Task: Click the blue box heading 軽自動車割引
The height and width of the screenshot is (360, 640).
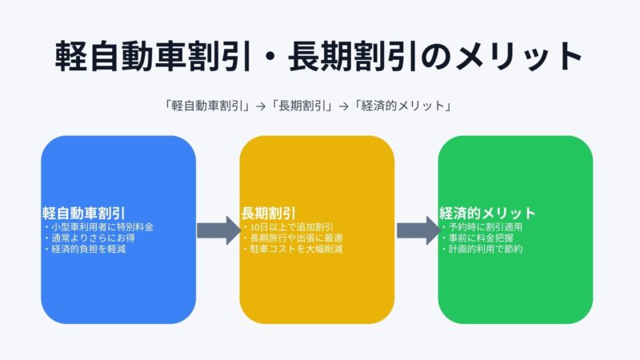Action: (x=84, y=214)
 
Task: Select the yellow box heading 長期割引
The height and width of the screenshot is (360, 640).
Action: (x=268, y=214)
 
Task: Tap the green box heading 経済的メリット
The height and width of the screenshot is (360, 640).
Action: (x=487, y=214)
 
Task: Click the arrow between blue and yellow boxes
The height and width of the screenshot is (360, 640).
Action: (x=218, y=230)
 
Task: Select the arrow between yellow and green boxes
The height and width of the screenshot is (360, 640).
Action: (x=416, y=230)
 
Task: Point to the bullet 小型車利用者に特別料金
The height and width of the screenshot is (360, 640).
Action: (x=100, y=227)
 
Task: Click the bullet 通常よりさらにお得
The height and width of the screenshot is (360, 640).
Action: (x=90, y=238)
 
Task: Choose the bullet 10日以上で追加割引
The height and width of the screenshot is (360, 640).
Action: (x=290, y=227)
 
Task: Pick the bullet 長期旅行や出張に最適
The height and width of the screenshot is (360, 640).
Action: (x=294, y=238)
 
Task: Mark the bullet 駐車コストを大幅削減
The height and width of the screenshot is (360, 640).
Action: (x=294, y=250)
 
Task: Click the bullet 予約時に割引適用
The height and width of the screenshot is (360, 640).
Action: (x=486, y=227)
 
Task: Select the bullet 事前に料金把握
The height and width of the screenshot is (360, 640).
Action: (x=482, y=238)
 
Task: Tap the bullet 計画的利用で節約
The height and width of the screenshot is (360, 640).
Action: (x=486, y=250)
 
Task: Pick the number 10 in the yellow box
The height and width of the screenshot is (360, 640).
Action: (x=254, y=227)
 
